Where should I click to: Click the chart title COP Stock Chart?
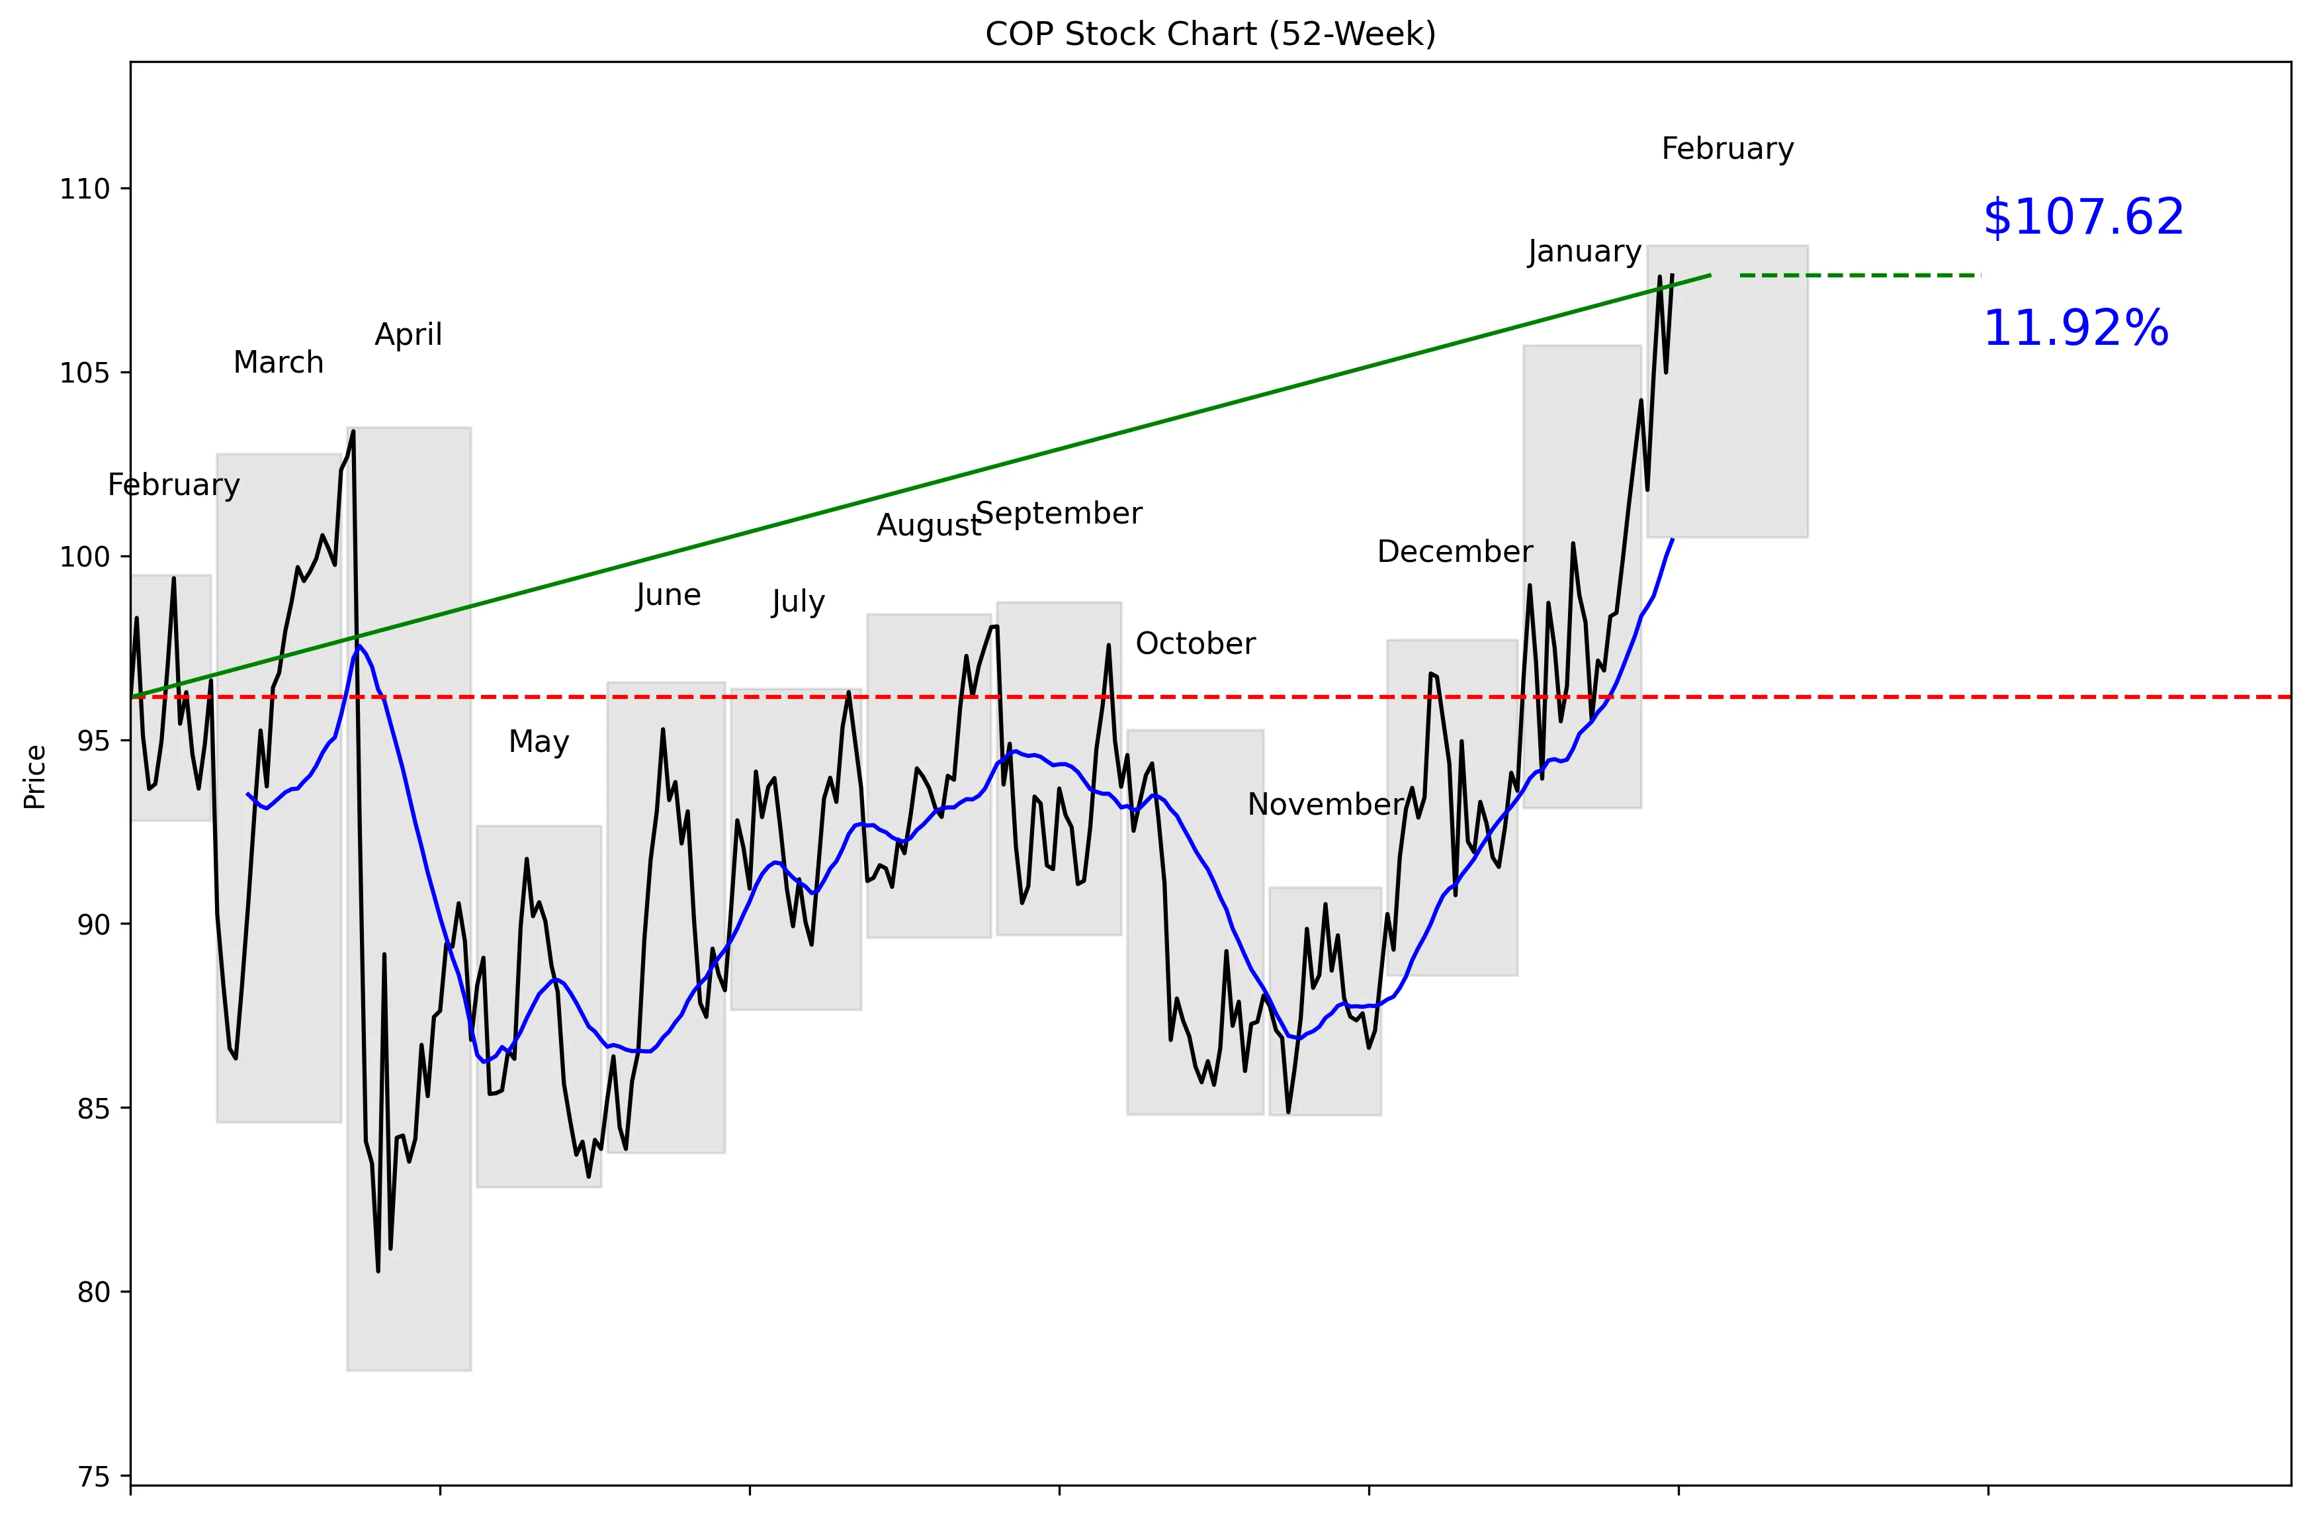[x=1210, y=34]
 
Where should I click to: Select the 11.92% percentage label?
[x=2075, y=328]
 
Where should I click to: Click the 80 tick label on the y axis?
[x=93, y=1293]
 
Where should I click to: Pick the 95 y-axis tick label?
[x=93, y=741]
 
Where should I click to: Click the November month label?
[x=1325, y=804]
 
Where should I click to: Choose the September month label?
[x=1059, y=513]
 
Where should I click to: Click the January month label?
[x=1584, y=252]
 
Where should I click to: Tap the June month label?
[x=668, y=594]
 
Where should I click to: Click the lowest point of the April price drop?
[x=378, y=1270]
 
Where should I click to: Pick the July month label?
[x=798, y=602]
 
